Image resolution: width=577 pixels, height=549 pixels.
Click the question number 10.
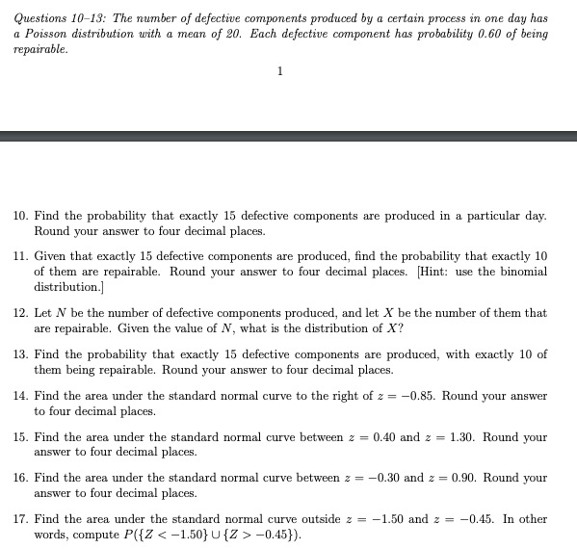click(19, 217)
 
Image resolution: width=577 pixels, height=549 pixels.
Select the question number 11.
click(19, 258)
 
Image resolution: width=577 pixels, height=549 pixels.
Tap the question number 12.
click(19, 313)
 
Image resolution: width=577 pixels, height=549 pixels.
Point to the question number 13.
click(19, 354)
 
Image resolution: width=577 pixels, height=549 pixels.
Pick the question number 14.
click(19, 396)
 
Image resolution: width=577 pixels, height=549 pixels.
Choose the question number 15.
click(19, 437)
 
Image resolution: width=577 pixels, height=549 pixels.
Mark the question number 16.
click(19, 478)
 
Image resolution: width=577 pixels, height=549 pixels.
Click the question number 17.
click(19, 519)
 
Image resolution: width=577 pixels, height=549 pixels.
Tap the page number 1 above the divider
click(279, 71)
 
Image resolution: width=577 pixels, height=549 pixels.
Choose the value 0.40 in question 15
click(387, 437)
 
